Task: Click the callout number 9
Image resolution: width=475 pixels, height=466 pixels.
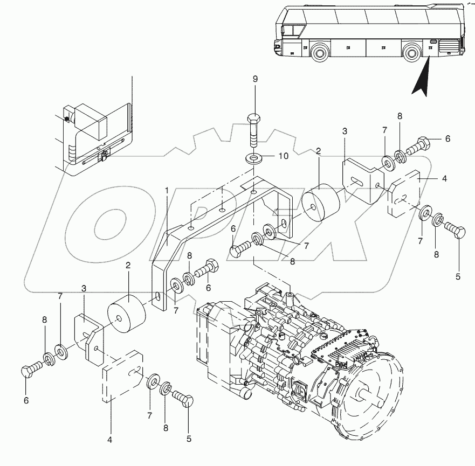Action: (256, 79)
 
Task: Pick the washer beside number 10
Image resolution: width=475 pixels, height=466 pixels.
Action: (253, 159)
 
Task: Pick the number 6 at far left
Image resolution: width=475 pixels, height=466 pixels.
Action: (26, 400)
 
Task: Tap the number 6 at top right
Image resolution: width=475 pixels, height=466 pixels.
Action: (447, 138)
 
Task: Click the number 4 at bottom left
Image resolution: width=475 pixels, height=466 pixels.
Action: (110, 440)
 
